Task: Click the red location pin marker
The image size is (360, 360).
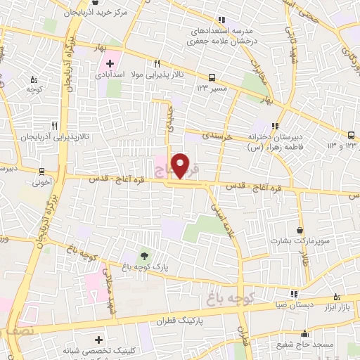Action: click(x=181, y=165)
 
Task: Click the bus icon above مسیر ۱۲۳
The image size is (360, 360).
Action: click(x=211, y=78)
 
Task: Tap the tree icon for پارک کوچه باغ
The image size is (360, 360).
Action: click(x=144, y=255)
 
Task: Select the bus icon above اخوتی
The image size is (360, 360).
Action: click(x=42, y=171)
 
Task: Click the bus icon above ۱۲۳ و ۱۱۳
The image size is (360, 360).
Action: click(x=350, y=135)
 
